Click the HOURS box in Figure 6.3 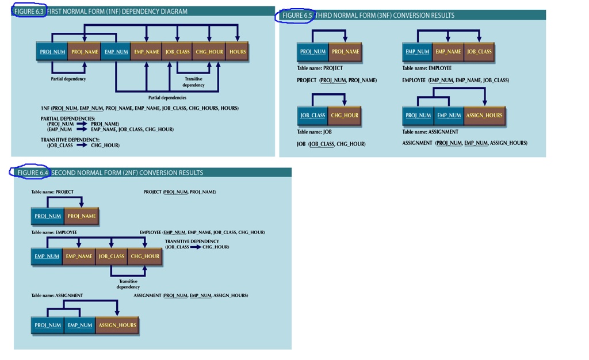237,52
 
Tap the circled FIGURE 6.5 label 297,16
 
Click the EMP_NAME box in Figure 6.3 146,52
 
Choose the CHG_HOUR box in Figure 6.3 209,52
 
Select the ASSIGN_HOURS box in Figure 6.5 484,116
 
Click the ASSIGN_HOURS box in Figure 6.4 117,325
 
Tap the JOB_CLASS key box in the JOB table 312,116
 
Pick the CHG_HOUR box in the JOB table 345,116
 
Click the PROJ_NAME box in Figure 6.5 345,52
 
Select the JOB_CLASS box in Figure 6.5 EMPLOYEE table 479,52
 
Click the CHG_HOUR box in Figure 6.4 145,256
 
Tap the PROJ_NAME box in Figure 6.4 82,217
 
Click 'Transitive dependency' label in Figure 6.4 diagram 128,284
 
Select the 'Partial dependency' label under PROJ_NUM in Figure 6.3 68,79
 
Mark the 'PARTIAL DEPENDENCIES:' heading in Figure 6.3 68,118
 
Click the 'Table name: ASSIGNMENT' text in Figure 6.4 57,296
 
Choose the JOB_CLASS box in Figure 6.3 177,52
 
